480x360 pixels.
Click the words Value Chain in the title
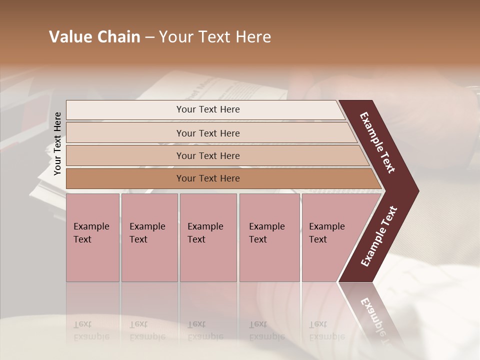[x=94, y=37]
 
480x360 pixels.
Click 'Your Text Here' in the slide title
[x=215, y=37]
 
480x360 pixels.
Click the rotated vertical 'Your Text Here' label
[x=57, y=143]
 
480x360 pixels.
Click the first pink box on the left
[x=92, y=237]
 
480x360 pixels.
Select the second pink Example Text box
[x=149, y=237]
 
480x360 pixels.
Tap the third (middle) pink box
[x=208, y=237]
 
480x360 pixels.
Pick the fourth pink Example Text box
[x=269, y=237]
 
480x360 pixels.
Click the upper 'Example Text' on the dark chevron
[x=377, y=142]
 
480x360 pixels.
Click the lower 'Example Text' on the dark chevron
[x=378, y=236]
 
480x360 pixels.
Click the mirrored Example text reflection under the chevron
[x=375, y=320]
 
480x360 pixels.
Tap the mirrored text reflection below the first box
[x=91, y=330]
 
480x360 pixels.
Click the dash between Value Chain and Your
[x=149, y=37]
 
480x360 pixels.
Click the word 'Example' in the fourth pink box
[x=266, y=226]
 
